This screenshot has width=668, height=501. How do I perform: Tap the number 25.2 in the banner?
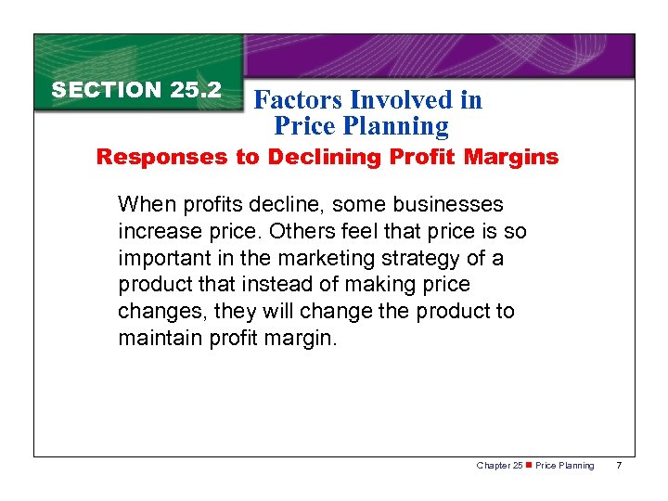(196, 90)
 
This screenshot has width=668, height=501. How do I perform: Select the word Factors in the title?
(298, 100)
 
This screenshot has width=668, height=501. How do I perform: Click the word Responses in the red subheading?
(151, 157)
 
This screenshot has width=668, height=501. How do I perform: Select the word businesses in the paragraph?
(450, 204)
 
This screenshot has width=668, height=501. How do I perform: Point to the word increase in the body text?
(156, 231)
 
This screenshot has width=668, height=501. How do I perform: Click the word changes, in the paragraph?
(158, 312)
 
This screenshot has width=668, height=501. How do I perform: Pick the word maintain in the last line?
(158, 339)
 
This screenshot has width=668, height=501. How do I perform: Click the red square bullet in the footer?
(529, 466)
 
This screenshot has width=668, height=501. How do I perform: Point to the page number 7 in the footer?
(618, 466)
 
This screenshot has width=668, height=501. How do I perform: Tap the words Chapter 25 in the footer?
(499, 466)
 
